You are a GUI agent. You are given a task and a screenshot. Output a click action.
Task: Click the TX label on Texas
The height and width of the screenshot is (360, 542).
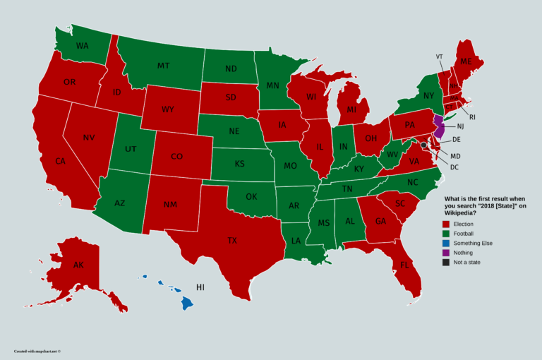coord(232,241)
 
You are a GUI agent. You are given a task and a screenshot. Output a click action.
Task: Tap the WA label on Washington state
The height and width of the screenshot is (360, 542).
coord(82,46)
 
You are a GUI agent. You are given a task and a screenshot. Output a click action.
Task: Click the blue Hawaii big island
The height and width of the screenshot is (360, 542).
coord(186,303)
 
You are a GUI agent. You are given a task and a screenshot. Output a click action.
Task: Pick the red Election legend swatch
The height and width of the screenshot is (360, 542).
coord(446,224)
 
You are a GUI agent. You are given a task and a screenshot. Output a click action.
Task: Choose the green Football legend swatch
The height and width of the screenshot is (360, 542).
coord(446,233)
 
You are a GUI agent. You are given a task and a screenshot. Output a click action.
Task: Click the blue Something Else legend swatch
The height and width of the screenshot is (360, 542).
coord(446,243)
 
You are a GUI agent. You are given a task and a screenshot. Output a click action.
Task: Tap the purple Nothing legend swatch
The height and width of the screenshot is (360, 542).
coord(446,252)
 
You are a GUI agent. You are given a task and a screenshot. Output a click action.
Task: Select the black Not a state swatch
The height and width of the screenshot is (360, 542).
coord(446,262)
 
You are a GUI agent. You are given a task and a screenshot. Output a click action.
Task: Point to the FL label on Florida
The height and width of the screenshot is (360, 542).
coord(404,265)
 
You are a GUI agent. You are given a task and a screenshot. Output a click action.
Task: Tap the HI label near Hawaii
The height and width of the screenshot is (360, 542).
coord(200,288)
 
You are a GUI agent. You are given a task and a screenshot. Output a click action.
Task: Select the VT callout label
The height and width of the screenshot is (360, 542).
coord(439,56)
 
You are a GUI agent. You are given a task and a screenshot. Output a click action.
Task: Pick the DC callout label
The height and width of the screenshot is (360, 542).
coord(454,167)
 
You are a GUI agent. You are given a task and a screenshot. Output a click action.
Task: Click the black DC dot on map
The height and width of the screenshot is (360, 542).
coord(423,145)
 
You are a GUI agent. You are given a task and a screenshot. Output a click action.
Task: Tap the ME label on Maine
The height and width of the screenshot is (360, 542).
coord(466,61)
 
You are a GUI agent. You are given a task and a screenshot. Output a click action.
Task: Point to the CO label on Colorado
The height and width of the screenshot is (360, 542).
coord(177,157)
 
